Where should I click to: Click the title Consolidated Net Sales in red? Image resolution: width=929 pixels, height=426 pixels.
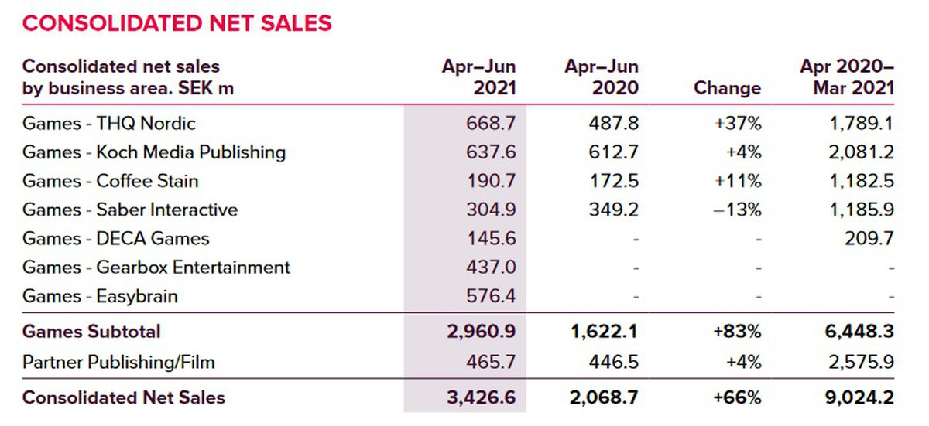177,23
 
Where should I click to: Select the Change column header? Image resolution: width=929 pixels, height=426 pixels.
727,88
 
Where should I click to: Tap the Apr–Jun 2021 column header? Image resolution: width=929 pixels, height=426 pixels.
478,77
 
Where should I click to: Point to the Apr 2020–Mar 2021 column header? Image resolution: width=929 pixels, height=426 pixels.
847,77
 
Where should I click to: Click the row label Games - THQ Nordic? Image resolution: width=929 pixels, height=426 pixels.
109,124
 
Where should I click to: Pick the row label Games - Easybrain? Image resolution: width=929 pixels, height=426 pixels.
100,296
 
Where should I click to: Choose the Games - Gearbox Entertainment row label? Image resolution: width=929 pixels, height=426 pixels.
156,268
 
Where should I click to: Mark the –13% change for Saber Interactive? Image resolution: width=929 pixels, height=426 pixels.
740,210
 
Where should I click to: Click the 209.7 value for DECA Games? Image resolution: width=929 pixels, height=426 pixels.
871,239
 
